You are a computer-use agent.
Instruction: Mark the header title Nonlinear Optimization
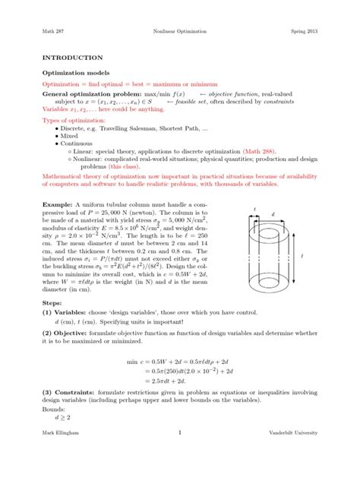click(180, 30)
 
